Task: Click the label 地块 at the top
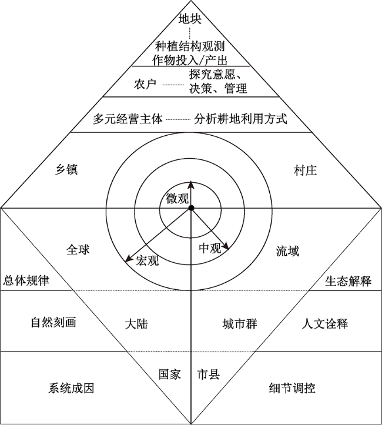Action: tap(190, 19)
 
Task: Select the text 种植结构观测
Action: tap(190, 46)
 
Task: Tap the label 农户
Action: tap(145, 84)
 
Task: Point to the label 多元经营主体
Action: tap(128, 119)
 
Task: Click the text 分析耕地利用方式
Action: tap(240, 119)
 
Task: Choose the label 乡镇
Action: tap(66, 170)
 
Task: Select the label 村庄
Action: tap(306, 170)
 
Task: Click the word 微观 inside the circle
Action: tap(177, 199)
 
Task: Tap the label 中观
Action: tap(210, 247)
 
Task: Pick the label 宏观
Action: tap(148, 260)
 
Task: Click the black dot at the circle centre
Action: tap(191, 208)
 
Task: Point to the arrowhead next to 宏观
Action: tap(129, 258)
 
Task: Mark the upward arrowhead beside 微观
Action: tap(191, 185)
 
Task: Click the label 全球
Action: tap(78, 250)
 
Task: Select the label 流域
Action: tap(288, 251)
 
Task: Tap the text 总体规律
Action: tap(26, 280)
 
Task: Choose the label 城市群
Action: tap(240, 324)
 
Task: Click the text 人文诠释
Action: tap(325, 324)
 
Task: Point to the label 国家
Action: tap(170, 374)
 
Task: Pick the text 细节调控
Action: tap(292, 388)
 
